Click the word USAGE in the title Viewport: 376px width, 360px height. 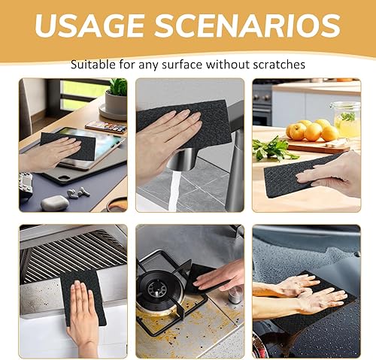[x=89, y=26]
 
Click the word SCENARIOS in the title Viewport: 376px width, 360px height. [x=247, y=26]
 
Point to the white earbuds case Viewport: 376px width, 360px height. [x=55, y=202]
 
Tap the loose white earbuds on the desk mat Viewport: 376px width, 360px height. [x=78, y=192]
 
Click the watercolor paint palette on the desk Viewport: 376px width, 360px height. [x=106, y=127]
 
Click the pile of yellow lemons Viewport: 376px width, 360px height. [x=312, y=130]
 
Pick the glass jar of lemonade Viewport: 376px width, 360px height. [x=347, y=119]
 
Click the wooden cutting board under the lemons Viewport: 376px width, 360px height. [x=318, y=145]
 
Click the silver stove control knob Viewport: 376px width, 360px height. [x=235, y=295]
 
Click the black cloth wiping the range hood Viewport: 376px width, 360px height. [x=83, y=297]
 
